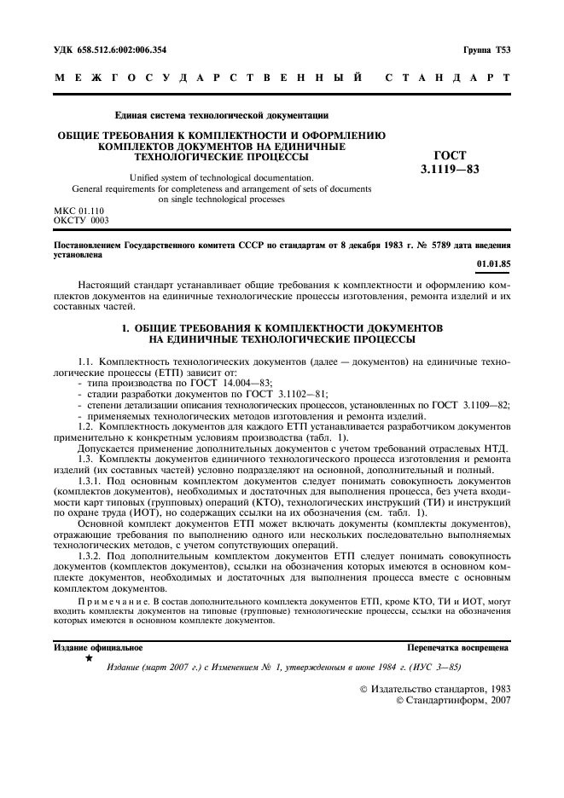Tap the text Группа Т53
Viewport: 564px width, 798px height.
(x=486, y=50)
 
